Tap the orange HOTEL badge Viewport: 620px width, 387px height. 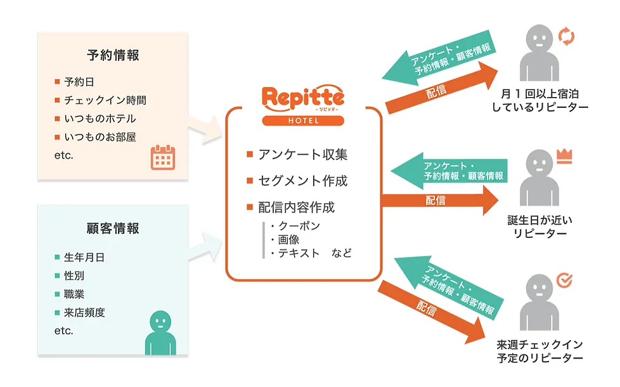click(304, 121)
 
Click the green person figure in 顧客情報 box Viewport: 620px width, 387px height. click(162, 332)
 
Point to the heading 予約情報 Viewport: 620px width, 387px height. click(113, 55)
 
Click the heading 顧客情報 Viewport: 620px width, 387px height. click(113, 228)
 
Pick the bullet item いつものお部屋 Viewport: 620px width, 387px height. click(100, 137)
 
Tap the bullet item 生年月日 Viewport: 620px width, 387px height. click(84, 258)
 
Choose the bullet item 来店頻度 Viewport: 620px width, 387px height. click(84, 312)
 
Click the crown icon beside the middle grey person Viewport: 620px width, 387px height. click(564, 154)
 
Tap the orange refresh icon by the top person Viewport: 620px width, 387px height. click(567, 36)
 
